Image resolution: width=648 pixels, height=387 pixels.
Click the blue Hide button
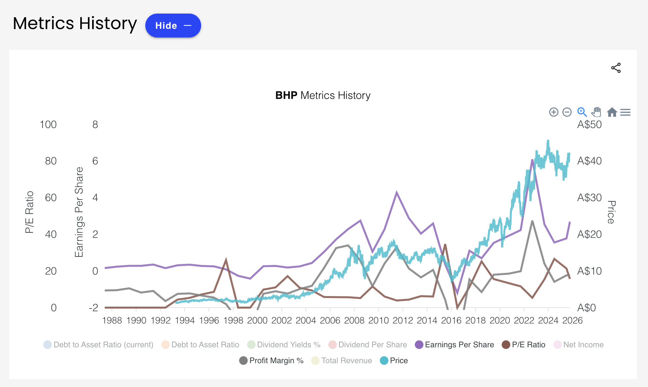[x=173, y=25]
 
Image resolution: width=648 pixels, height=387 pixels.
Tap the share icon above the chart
[x=616, y=68]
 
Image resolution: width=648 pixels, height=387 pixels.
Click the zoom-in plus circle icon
[x=554, y=112]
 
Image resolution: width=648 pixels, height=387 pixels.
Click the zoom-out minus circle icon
[x=567, y=112]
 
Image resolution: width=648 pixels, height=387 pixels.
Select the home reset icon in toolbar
[x=612, y=112]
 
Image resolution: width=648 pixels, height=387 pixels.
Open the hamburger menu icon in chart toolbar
[x=625, y=112]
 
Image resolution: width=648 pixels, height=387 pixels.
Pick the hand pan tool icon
[x=596, y=112]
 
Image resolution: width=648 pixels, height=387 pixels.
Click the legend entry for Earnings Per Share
[x=459, y=345]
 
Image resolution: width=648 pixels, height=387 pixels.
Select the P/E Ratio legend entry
[x=528, y=345]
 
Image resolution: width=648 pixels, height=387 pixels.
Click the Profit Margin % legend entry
[x=276, y=361]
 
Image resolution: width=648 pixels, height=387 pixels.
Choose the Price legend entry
[x=399, y=361]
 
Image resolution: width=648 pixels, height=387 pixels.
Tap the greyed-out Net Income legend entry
[x=583, y=345]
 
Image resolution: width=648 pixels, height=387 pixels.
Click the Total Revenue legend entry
[x=346, y=361]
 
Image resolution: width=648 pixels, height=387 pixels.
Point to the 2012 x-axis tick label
[x=403, y=320]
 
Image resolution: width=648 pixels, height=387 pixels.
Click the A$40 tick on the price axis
[x=589, y=161]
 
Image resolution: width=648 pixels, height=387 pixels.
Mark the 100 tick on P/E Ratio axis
[x=48, y=125]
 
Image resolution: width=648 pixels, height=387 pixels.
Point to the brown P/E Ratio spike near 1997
[x=226, y=260]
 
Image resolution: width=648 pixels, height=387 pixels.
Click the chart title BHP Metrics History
[x=323, y=95]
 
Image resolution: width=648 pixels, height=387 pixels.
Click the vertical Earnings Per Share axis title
[x=79, y=212]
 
